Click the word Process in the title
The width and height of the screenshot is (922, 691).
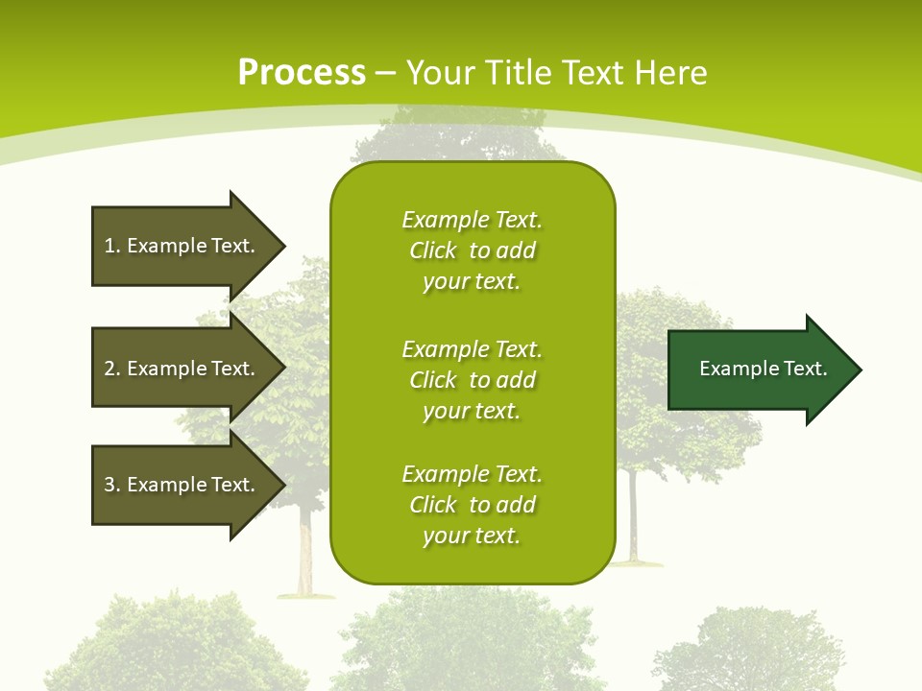(302, 72)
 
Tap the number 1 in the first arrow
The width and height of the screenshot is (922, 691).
(110, 246)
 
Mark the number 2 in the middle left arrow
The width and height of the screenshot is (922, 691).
(110, 369)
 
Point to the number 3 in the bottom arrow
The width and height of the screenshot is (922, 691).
(110, 485)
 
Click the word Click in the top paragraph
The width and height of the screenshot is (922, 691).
(433, 250)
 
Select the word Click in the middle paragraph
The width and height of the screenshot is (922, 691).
(433, 380)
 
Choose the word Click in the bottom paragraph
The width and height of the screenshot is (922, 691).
(433, 505)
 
